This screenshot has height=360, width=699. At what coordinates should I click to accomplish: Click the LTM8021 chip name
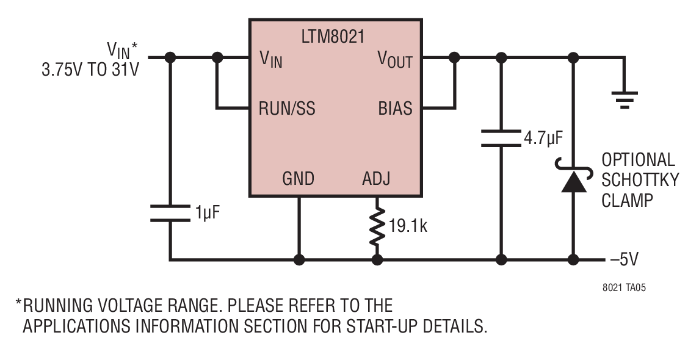coord(333,36)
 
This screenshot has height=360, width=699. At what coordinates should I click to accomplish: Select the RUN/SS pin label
coord(287,109)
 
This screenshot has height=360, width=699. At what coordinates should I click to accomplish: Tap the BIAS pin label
coord(395,109)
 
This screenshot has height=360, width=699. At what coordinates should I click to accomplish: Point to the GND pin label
coord(299,179)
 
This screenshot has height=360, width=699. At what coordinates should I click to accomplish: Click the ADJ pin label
coord(376,179)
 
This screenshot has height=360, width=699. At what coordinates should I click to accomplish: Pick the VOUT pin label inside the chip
coord(395,60)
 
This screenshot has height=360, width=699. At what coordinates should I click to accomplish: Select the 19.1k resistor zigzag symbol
coord(377,226)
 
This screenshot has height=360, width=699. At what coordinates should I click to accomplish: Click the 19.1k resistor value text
coord(408,226)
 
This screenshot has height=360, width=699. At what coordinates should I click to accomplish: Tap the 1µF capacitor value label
coord(208,213)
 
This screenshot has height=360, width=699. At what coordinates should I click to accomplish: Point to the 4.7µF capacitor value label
coord(543,139)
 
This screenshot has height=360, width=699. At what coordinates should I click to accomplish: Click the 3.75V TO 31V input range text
coord(90,70)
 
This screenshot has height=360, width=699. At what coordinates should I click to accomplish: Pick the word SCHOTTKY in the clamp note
coord(640,180)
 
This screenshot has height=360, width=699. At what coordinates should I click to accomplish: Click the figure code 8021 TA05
coord(624,288)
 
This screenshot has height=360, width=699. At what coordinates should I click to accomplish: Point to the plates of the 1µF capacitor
coord(170,213)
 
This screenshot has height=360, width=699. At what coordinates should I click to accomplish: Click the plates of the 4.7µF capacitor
coord(502,138)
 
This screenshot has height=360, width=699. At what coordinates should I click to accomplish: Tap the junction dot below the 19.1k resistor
coord(377,260)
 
